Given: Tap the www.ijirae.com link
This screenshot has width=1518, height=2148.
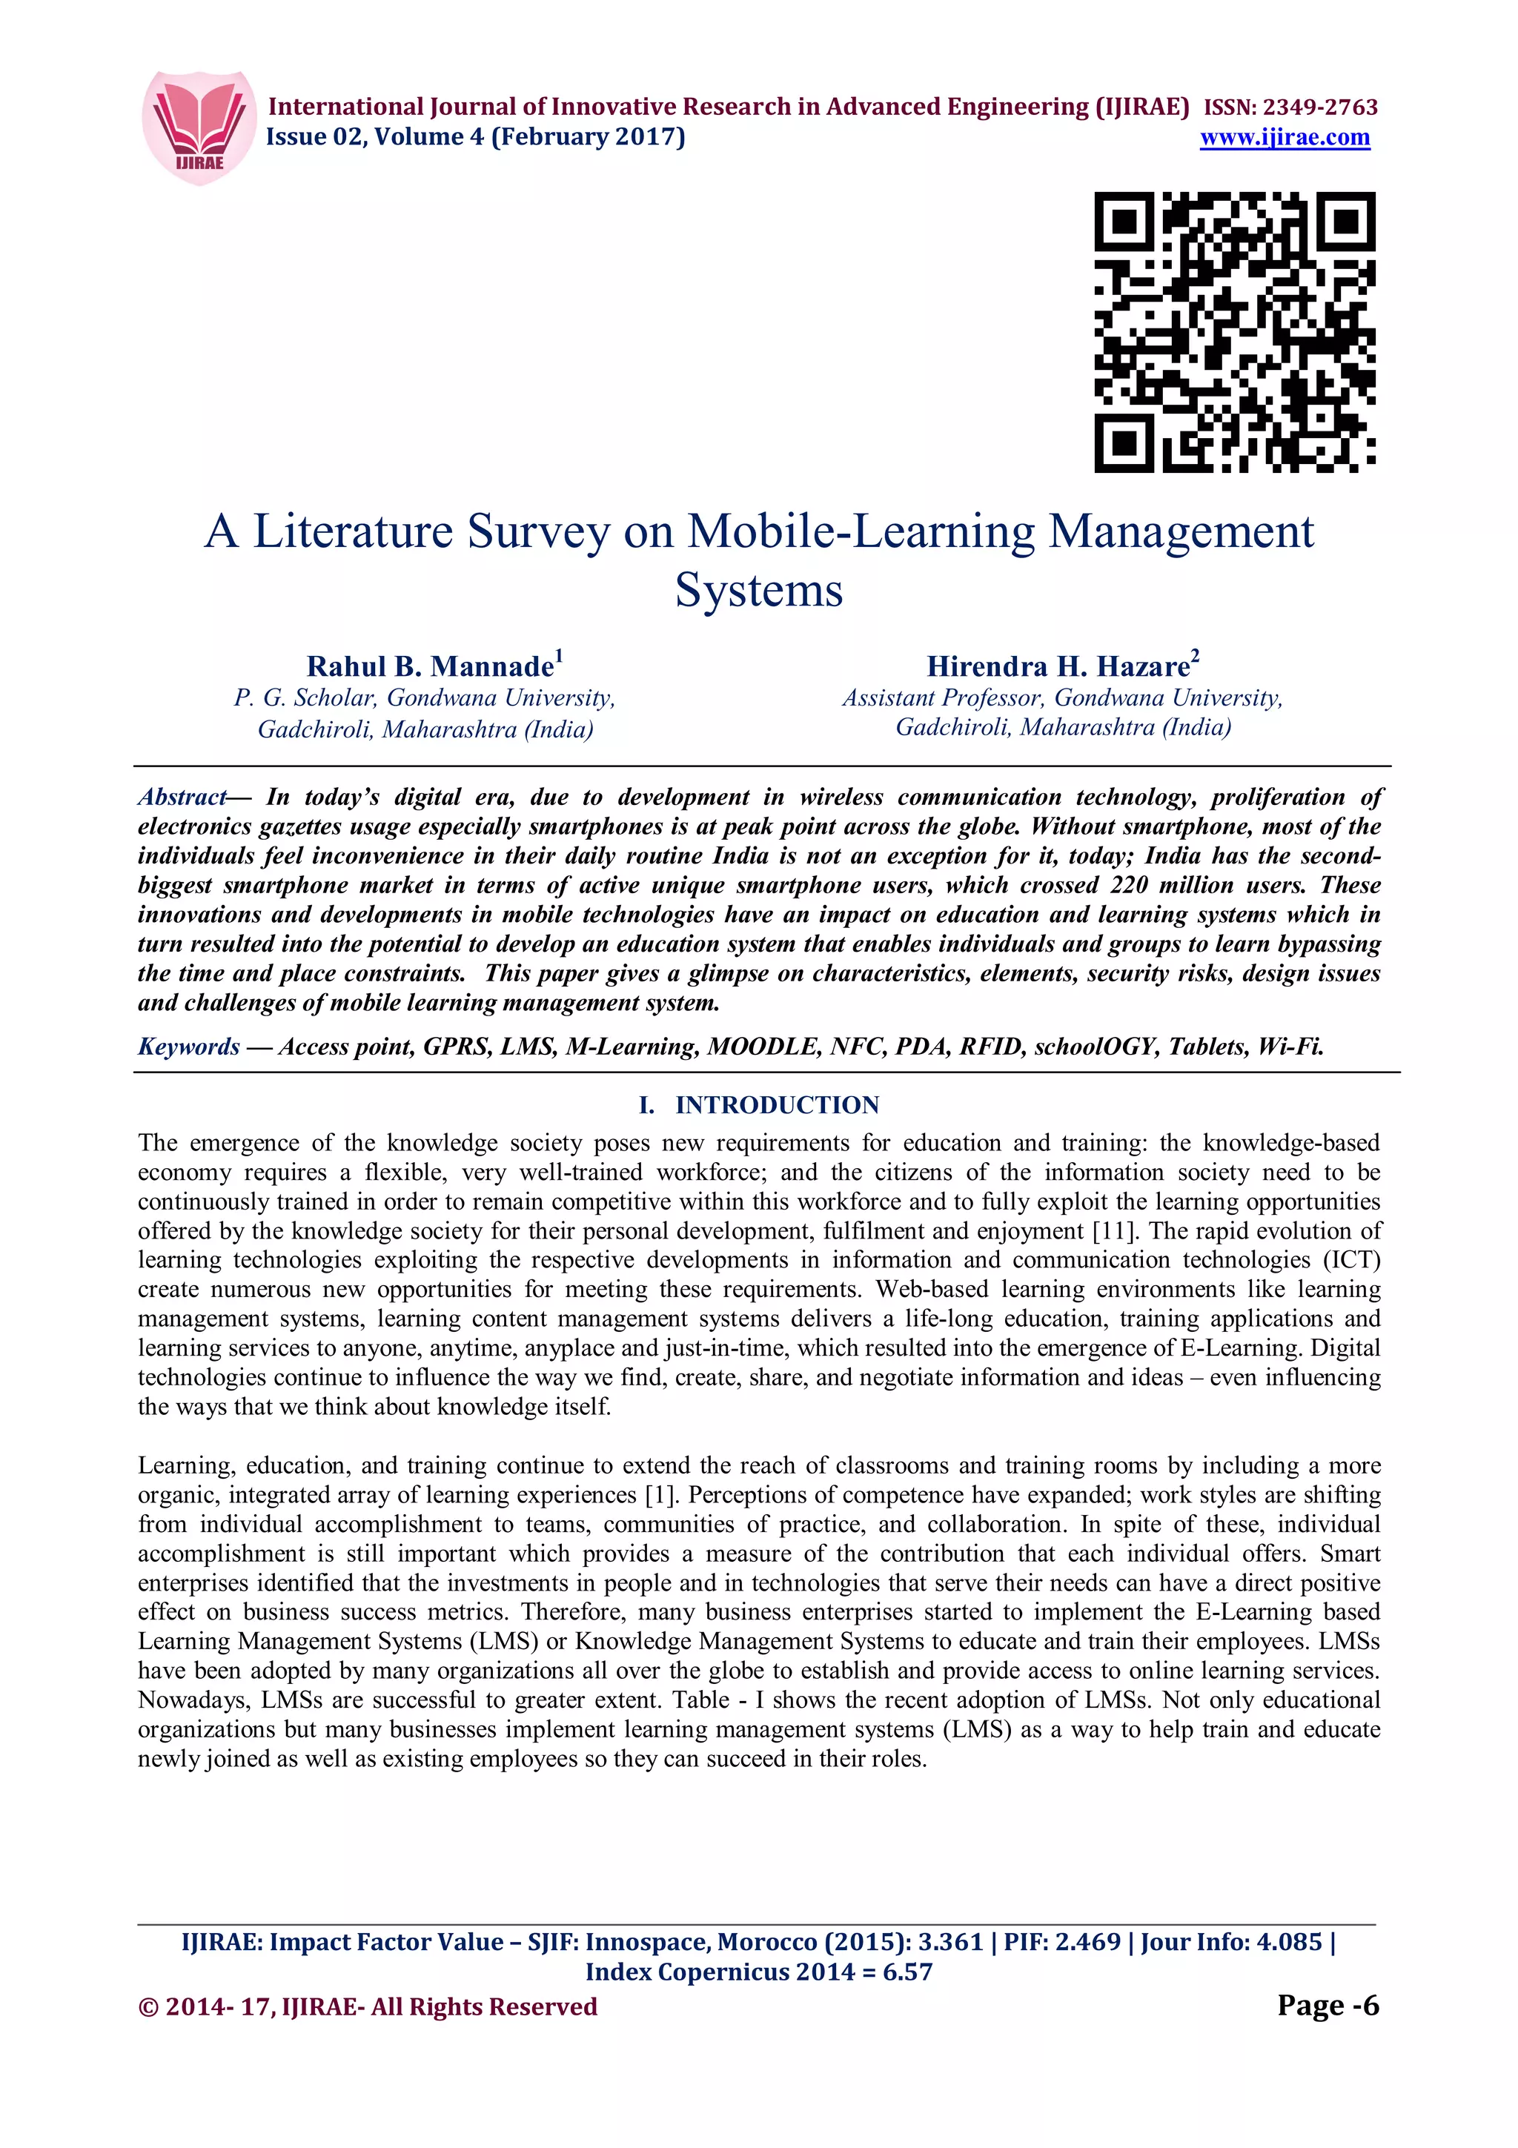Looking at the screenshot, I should [1285, 138].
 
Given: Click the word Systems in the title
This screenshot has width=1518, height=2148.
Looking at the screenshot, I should [758, 590].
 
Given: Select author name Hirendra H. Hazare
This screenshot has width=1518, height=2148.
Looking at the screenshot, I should [1058, 666].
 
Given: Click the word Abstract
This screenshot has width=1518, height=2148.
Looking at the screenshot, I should [182, 797].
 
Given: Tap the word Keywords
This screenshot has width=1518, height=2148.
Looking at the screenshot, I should [189, 1046].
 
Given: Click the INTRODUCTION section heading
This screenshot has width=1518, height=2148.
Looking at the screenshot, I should [776, 1105].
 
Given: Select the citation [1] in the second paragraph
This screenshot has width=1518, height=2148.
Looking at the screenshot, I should [660, 1495].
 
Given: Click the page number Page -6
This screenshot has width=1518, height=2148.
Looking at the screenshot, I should [1328, 2005].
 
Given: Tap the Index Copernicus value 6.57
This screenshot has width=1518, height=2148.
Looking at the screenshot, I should [907, 1972].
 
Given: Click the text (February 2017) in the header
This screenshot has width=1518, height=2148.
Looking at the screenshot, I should [589, 138].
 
